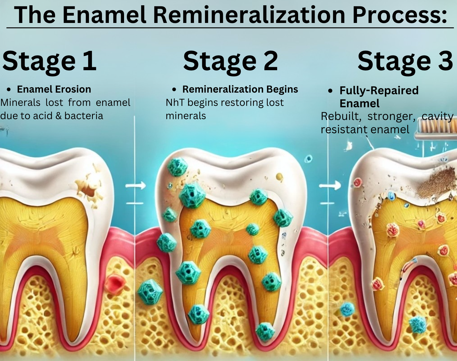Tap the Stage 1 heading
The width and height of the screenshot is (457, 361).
tap(49, 61)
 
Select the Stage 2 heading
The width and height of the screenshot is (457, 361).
tap(230, 61)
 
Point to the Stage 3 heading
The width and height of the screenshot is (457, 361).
tap(405, 61)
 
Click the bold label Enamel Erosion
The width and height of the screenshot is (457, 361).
tap(54, 89)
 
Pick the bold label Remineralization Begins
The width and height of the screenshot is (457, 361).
tap(240, 89)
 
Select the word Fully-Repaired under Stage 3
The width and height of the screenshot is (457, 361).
tap(379, 90)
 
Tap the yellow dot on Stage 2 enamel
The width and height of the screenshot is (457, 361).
tap(279, 177)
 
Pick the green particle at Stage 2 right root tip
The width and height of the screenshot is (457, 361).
tap(265, 331)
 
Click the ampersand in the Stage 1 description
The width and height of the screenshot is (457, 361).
tap(58, 116)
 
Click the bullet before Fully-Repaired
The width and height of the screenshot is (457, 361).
tap(330, 91)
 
